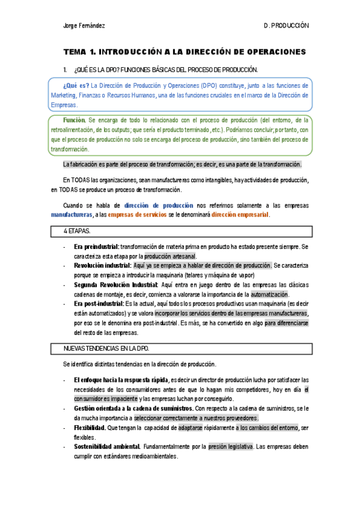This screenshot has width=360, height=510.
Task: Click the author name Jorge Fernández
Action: click(84, 26)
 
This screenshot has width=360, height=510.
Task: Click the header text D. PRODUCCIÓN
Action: click(285, 26)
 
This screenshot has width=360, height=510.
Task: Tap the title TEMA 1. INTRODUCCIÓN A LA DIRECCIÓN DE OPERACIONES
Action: click(185, 52)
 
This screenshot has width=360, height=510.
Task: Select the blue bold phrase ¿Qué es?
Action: click(76, 85)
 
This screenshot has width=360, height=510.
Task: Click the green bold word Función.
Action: click(74, 120)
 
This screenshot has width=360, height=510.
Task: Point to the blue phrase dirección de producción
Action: click(159, 205)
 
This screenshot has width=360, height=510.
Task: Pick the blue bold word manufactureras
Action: click(72, 215)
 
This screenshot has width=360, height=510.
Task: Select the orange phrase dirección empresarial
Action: click(240, 215)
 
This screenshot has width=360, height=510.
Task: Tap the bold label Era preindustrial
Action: click(96, 247)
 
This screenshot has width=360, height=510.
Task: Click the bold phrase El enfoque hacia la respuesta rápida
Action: click(121, 379)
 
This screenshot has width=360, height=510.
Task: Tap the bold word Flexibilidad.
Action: click(90, 428)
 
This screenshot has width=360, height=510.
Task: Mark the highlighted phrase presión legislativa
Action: click(231, 447)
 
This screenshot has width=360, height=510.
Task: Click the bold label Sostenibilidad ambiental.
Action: click(107, 447)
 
